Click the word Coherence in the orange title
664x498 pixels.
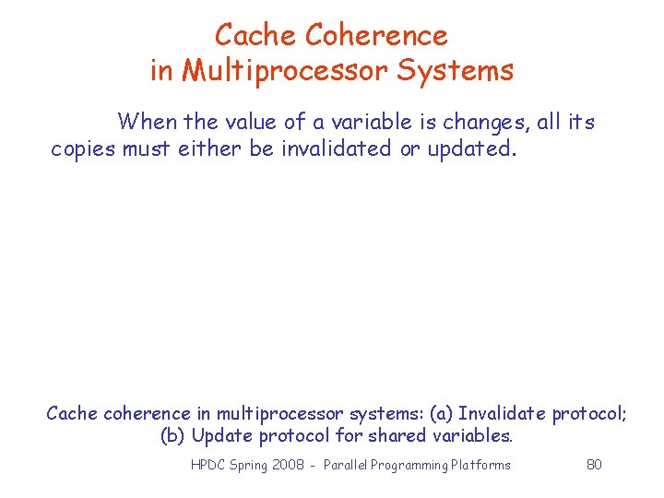click(x=375, y=35)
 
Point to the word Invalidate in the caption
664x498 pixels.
click(x=502, y=413)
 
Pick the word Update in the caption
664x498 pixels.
click(x=220, y=435)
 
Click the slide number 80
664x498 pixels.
click(x=594, y=465)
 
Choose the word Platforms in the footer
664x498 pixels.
click(x=480, y=465)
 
